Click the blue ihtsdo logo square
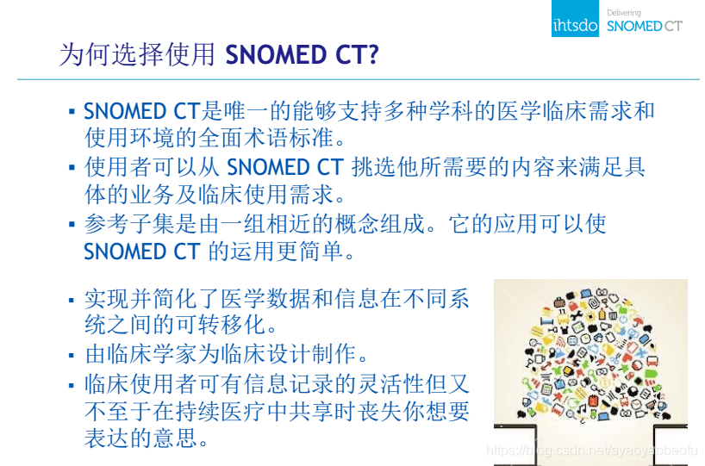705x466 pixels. [x=575, y=18]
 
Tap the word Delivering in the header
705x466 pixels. [x=624, y=12]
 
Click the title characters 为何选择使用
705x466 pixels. [x=136, y=55]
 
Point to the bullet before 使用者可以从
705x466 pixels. [x=72, y=168]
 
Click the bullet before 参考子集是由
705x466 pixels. [x=72, y=225]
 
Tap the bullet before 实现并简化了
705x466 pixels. [x=72, y=300]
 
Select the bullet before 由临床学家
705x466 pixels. [x=72, y=356]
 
